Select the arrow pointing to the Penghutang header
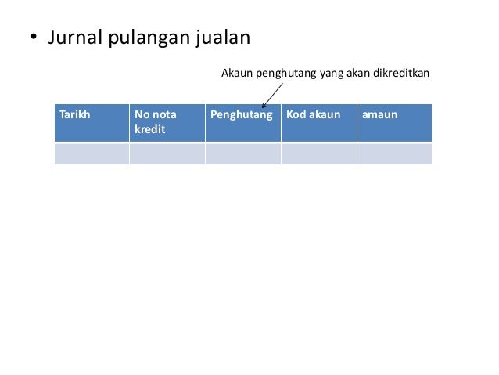[272, 96]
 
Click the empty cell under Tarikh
[91, 153]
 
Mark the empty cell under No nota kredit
[167, 153]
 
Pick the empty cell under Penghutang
[242, 153]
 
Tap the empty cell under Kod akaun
[318, 153]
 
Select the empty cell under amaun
[393, 153]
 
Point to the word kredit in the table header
[149, 129]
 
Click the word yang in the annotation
[326, 74]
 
